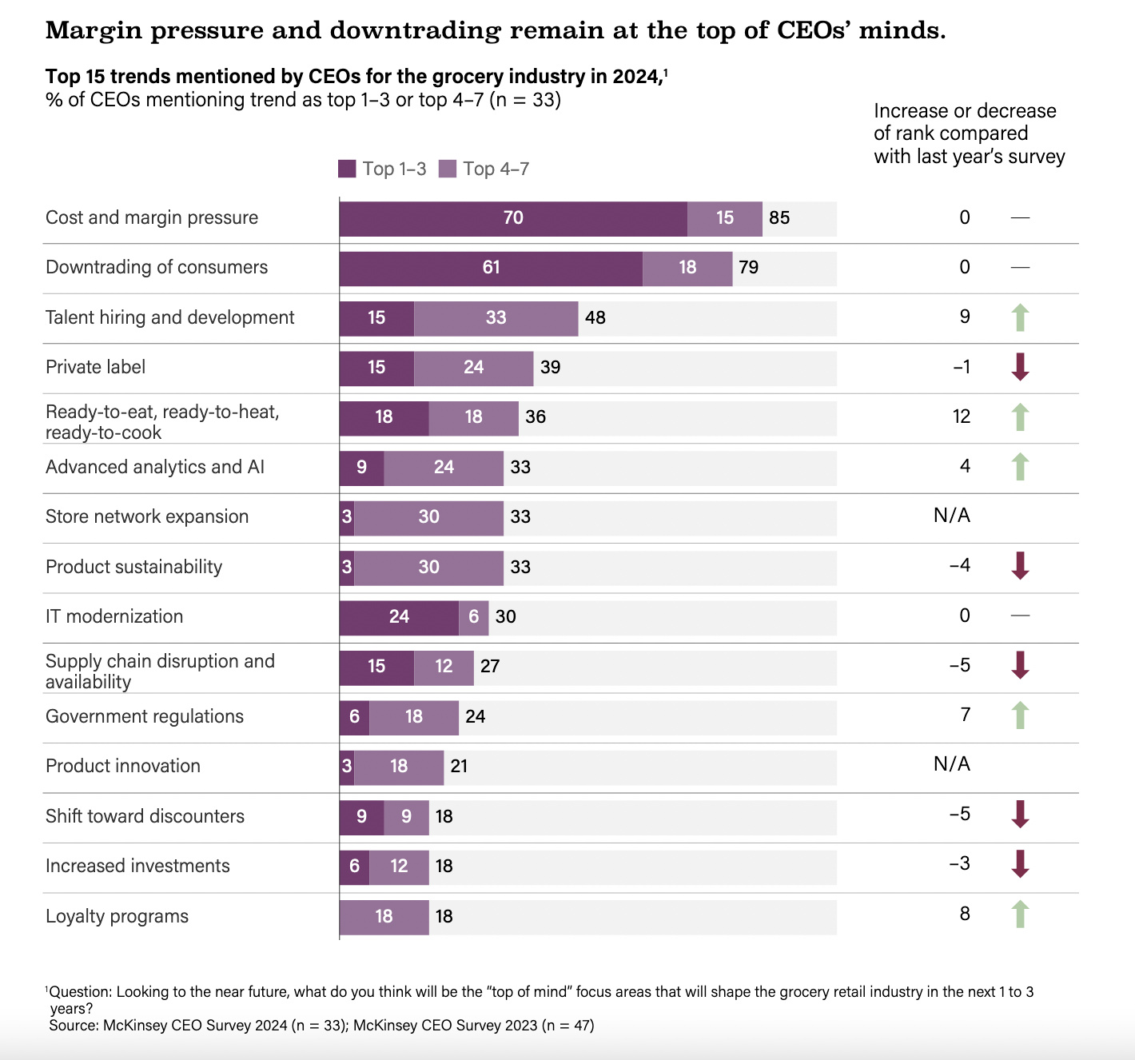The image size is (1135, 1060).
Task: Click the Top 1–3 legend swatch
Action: pyautogui.click(x=347, y=169)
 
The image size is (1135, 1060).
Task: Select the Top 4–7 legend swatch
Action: pyautogui.click(x=448, y=169)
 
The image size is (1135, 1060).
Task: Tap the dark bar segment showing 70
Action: pyautogui.click(x=513, y=218)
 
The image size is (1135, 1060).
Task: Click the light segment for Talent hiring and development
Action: pyautogui.click(x=496, y=318)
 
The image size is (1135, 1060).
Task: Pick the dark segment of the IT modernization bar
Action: pyautogui.click(x=399, y=617)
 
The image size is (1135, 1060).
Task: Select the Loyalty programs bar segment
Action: pyautogui.click(x=384, y=916)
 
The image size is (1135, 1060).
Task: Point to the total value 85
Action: pyautogui.click(x=779, y=218)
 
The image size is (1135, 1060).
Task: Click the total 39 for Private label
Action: pyautogui.click(x=550, y=368)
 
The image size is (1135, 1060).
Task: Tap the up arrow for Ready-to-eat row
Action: pyautogui.click(x=1020, y=417)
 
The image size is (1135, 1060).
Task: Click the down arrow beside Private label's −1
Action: pyautogui.click(x=1020, y=367)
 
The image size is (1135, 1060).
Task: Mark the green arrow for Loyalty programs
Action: pyautogui.click(x=1020, y=915)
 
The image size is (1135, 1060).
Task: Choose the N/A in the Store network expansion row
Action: pyautogui.click(x=951, y=516)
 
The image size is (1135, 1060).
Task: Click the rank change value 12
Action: pyautogui.click(x=962, y=416)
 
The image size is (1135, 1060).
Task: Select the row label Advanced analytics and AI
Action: pyautogui.click(x=155, y=467)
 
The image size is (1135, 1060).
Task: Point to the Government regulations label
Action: pyautogui.click(x=145, y=716)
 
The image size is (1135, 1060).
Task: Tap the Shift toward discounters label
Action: pyautogui.click(x=145, y=816)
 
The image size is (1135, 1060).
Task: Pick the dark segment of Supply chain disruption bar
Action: pyautogui.click(x=376, y=667)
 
